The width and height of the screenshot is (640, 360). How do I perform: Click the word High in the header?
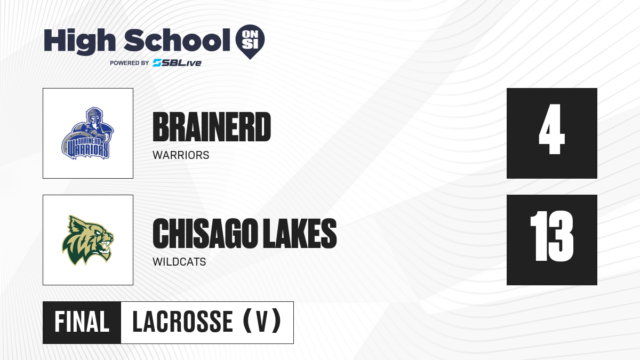pyautogui.click(x=79, y=41)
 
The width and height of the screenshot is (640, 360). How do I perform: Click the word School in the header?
pyautogui.click(x=177, y=40)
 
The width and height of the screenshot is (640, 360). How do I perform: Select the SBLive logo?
pyautogui.click(x=177, y=63)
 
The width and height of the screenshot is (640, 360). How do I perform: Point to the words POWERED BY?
pyautogui.click(x=130, y=63)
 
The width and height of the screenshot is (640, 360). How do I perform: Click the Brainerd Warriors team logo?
pyautogui.click(x=88, y=133)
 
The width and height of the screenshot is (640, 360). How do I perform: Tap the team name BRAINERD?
pyautogui.click(x=212, y=127)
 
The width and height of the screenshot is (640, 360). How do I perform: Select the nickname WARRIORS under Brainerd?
pyautogui.click(x=181, y=155)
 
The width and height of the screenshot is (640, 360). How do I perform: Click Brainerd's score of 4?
pyautogui.click(x=551, y=129)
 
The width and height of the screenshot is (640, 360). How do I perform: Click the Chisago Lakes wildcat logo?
pyautogui.click(x=88, y=240)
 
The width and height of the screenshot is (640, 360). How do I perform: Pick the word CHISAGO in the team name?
pyautogui.click(x=206, y=234)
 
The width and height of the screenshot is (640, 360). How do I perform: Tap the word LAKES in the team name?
pyautogui.click(x=300, y=234)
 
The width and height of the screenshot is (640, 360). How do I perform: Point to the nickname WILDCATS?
pyautogui.click(x=179, y=262)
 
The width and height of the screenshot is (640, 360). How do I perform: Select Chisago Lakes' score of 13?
pyautogui.click(x=551, y=236)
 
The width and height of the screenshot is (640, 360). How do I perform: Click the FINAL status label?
pyautogui.click(x=82, y=322)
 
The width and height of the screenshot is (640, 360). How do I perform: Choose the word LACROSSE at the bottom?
pyautogui.click(x=183, y=322)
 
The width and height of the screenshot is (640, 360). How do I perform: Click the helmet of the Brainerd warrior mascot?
pyautogui.click(x=94, y=114)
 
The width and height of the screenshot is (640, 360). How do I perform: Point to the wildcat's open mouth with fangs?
pyautogui.click(x=105, y=246)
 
